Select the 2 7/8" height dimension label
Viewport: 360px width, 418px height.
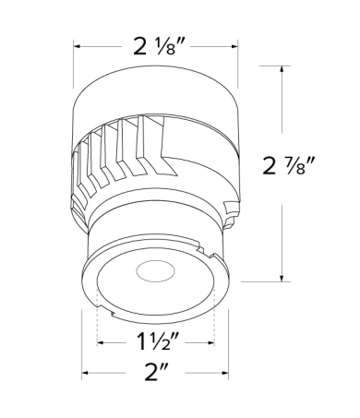(293, 166)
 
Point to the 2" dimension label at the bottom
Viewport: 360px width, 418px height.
(156, 374)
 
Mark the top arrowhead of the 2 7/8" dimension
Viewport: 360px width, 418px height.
(282, 68)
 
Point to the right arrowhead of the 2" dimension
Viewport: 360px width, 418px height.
(228, 374)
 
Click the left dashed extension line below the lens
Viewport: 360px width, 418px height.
(98, 323)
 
